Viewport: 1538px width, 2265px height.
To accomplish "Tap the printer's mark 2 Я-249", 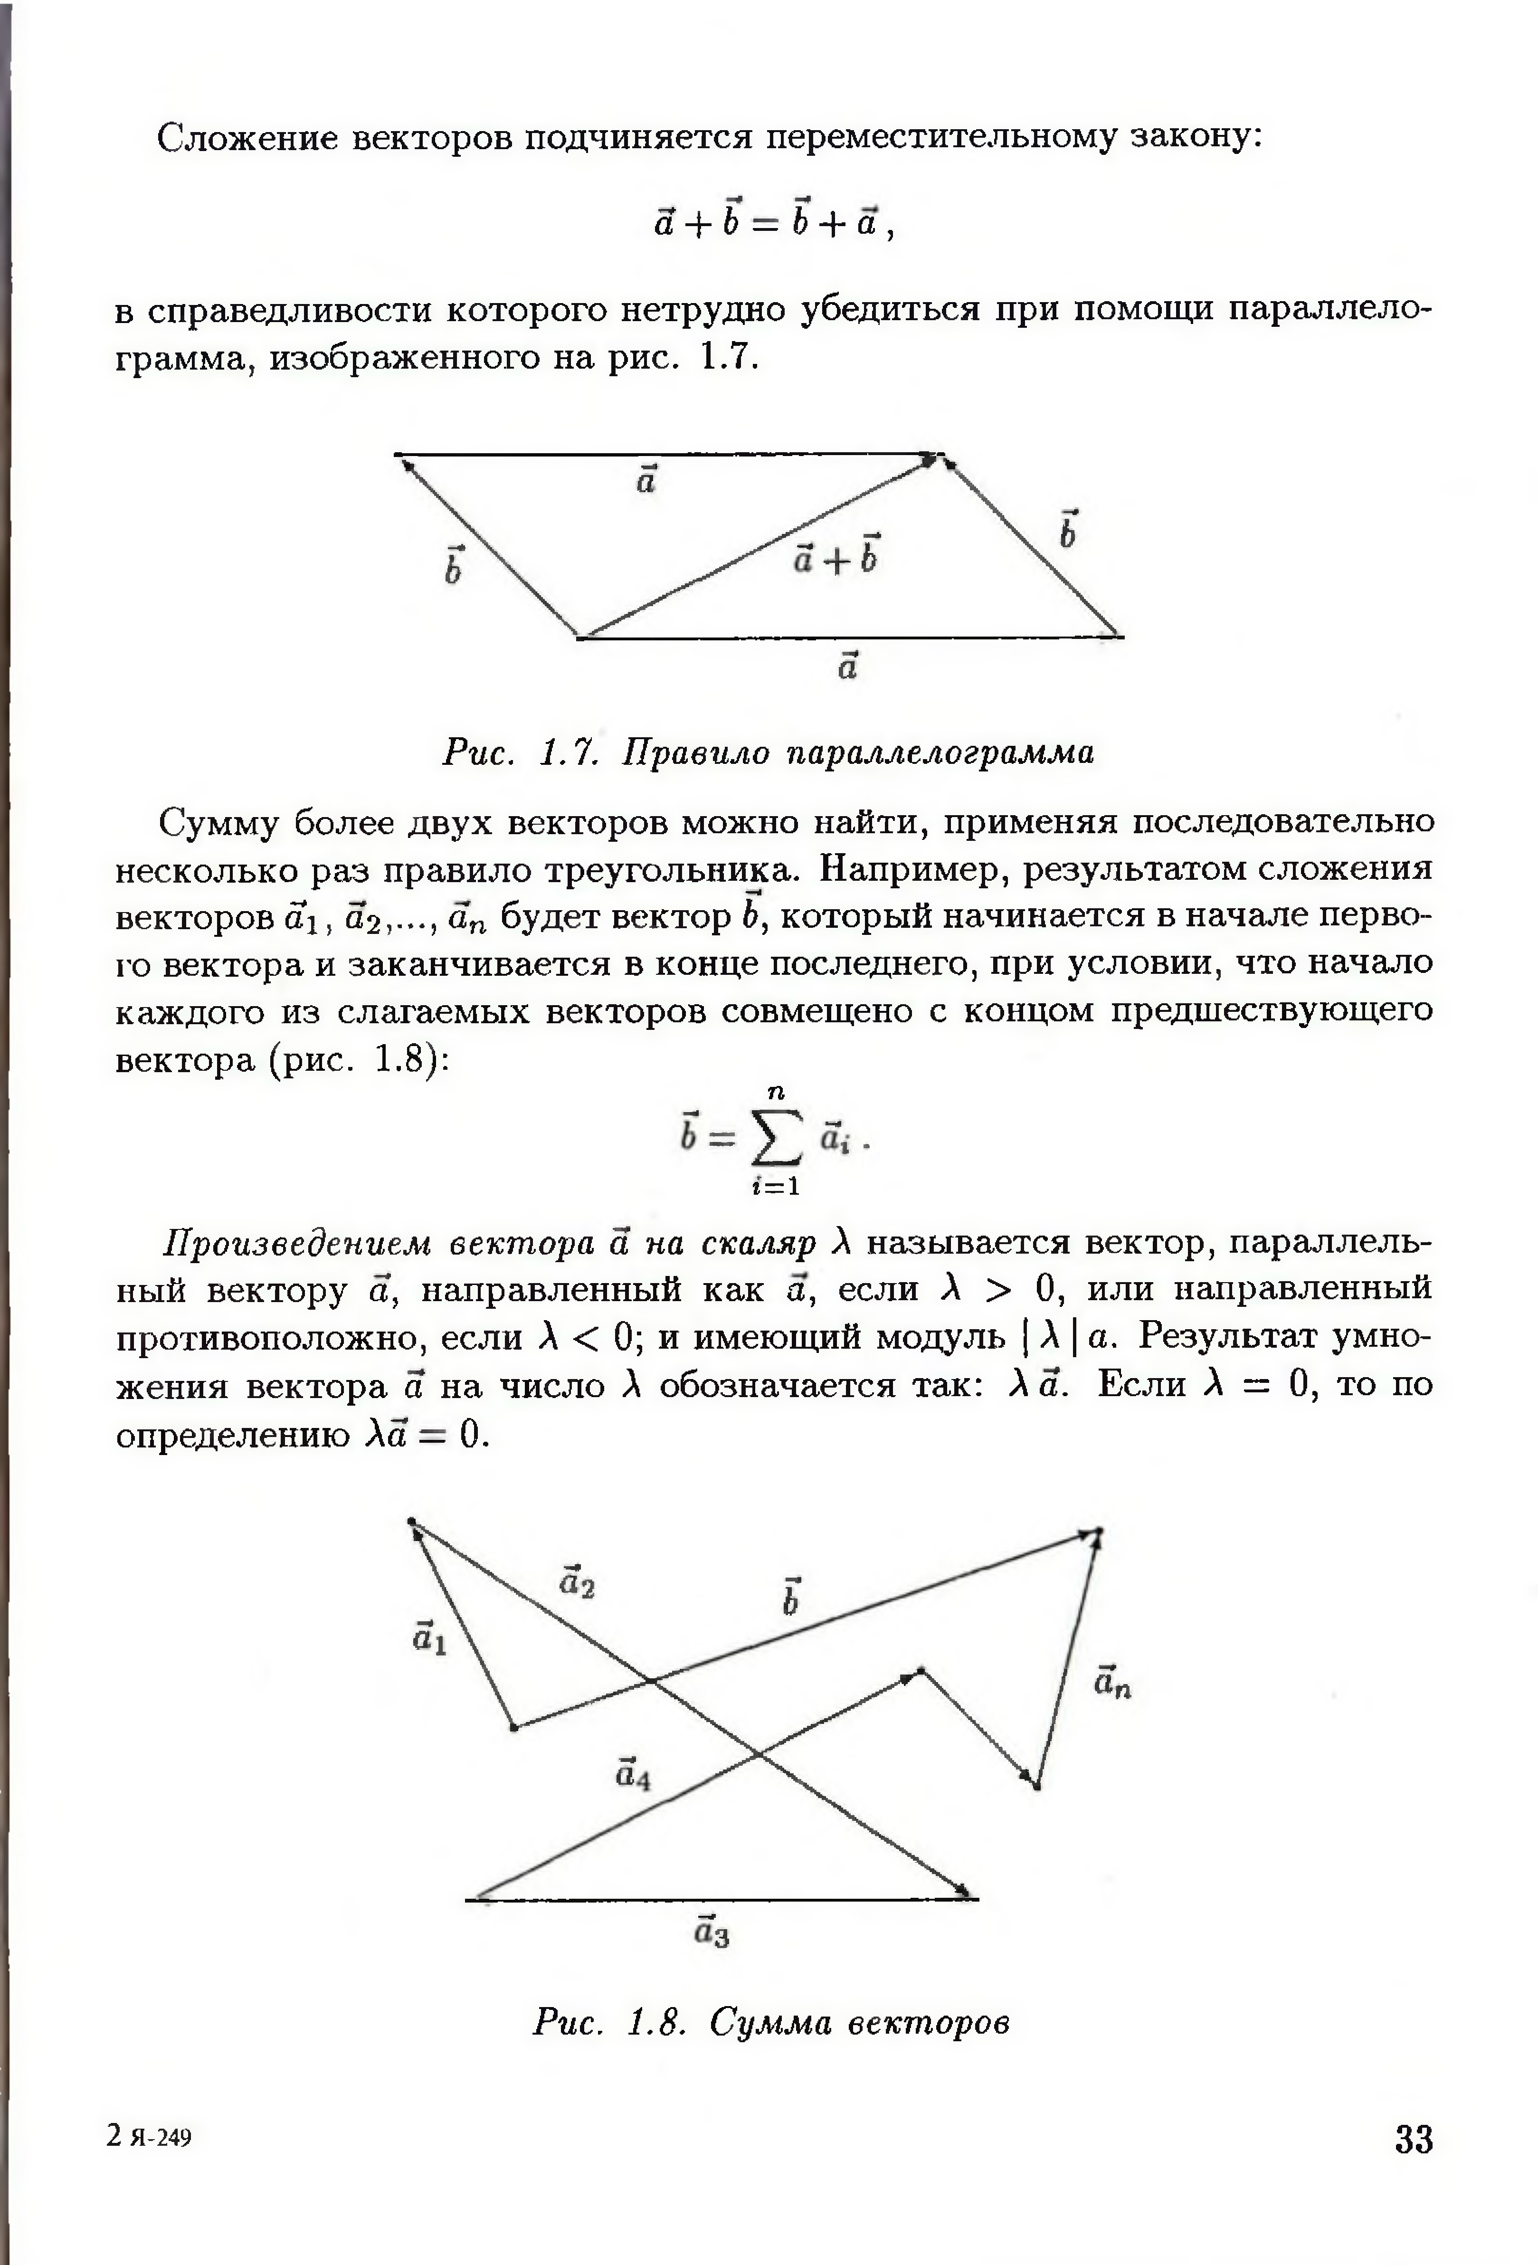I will (x=149, y=2137).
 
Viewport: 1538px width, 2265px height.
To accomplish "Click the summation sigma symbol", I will (x=777, y=1137).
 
